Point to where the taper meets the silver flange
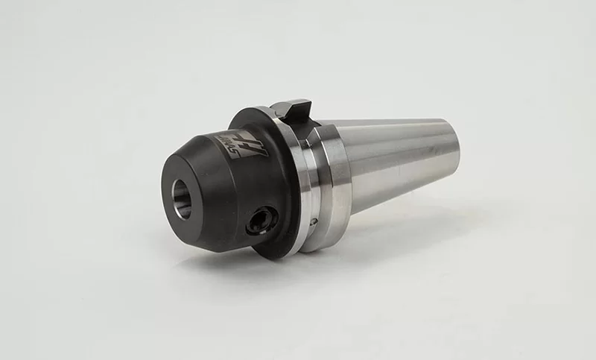345,171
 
